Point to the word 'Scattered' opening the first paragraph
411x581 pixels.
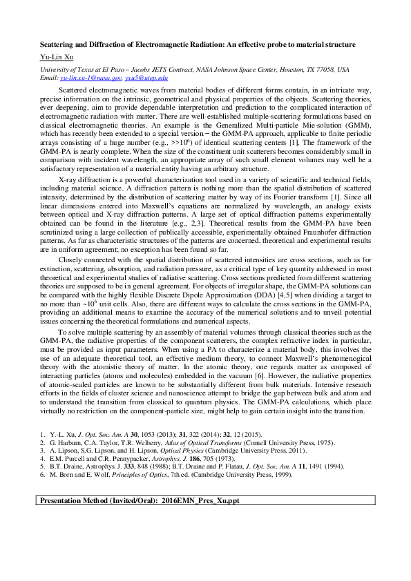click(x=73, y=90)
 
